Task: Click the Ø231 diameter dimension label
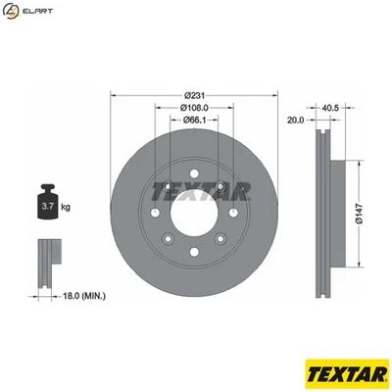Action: pyautogui.click(x=193, y=94)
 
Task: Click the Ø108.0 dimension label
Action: pyautogui.click(x=193, y=108)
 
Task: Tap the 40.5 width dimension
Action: pyautogui.click(x=329, y=108)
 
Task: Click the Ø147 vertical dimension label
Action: pyautogui.click(x=360, y=209)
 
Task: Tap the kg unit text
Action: pyautogui.click(x=67, y=209)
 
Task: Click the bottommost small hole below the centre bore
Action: pyautogui.click(x=193, y=251)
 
